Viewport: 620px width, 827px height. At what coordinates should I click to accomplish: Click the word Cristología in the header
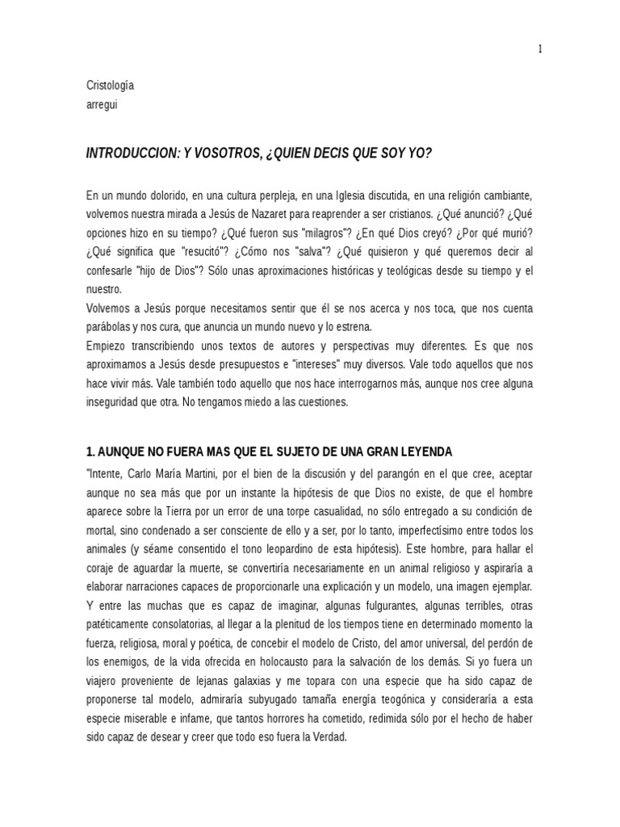110,86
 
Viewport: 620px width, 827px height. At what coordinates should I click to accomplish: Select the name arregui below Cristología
103,103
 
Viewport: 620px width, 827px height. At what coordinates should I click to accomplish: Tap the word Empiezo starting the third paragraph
108,346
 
